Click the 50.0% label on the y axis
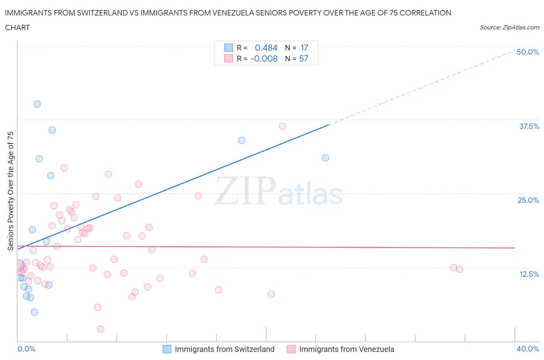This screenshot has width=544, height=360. pyautogui.click(x=528, y=52)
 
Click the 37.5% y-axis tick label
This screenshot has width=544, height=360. pyautogui.click(x=529, y=126)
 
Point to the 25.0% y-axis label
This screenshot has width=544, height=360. pyautogui.click(x=528, y=200)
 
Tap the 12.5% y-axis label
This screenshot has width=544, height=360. pyautogui.click(x=529, y=274)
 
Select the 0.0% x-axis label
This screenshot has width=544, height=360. pyautogui.click(x=26, y=349)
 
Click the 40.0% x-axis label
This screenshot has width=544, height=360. pyautogui.click(x=528, y=349)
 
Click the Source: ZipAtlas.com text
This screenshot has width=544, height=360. pyautogui.click(x=509, y=27)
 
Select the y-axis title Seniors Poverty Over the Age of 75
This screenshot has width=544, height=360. pyautogui.click(x=11, y=191)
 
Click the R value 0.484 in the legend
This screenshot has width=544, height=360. pyautogui.click(x=266, y=48)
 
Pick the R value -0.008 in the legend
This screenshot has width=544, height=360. pyautogui.click(x=264, y=58)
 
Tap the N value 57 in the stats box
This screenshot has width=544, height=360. pyautogui.click(x=304, y=58)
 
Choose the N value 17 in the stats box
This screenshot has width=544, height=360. pyautogui.click(x=304, y=48)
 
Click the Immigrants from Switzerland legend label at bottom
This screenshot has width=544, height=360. pyautogui.click(x=224, y=349)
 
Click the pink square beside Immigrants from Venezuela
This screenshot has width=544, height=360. pyautogui.click(x=291, y=349)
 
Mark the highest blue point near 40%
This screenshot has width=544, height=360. pyautogui.click(x=37, y=104)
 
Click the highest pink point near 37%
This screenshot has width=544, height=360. pyautogui.click(x=282, y=126)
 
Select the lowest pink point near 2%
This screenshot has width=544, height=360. pyautogui.click(x=101, y=329)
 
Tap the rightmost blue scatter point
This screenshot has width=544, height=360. pyautogui.click(x=325, y=158)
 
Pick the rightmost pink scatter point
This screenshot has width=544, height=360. pyautogui.click(x=459, y=269)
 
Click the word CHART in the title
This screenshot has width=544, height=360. pyautogui.click(x=17, y=27)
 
